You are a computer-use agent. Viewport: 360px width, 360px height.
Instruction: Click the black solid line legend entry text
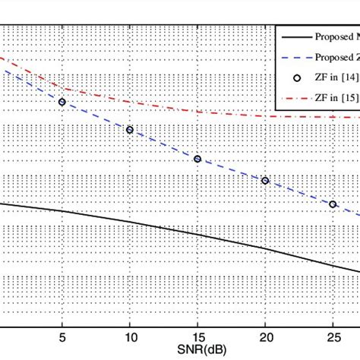point(339,37)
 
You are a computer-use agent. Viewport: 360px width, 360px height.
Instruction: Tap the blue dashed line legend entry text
point(339,58)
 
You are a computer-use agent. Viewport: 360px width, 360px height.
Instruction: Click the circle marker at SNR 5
point(62,101)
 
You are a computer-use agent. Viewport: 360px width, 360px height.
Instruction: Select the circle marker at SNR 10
point(130,130)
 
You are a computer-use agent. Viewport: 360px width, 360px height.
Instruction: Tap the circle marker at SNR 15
point(197,159)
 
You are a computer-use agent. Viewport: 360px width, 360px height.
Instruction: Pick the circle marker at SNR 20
point(265,181)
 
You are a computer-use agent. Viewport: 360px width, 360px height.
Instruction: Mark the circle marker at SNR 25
point(333,204)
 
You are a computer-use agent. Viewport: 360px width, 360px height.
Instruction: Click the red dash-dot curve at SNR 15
point(197,112)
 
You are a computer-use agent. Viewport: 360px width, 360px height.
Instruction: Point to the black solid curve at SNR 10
point(130,223)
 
